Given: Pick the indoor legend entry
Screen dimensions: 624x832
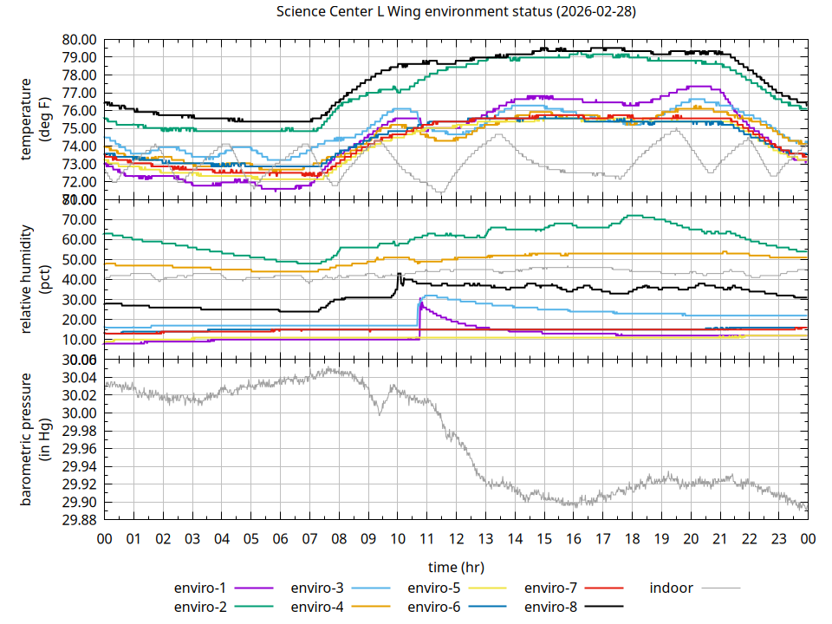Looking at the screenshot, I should pyautogui.click(x=672, y=588).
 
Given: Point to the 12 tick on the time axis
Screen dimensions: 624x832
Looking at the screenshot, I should pyautogui.click(x=456, y=539).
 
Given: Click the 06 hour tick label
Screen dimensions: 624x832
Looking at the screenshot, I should pyautogui.click(x=280, y=539).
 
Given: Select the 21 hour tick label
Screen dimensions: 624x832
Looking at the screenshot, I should pyautogui.click(x=719, y=539).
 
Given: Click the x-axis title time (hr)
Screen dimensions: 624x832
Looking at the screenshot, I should pyautogui.click(x=456, y=567).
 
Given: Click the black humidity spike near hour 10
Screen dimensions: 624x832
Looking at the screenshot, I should pyautogui.click(x=399, y=275).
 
